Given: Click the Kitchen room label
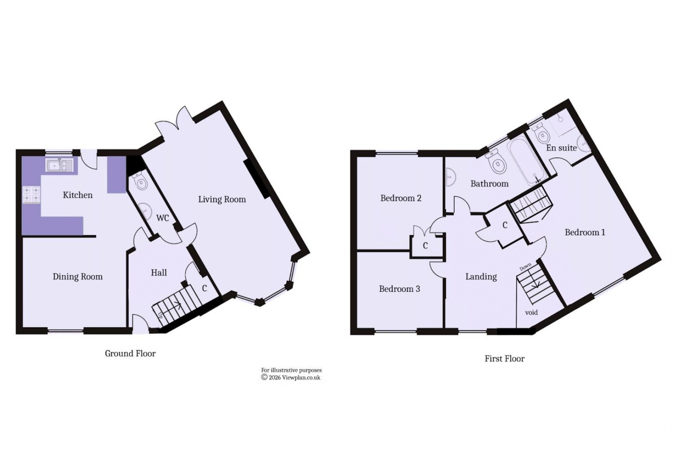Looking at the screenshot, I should (x=78, y=195).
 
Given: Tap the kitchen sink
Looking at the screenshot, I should (x=59, y=165).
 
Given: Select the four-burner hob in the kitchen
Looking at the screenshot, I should (x=32, y=195).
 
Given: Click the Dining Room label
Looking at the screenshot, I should (x=77, y=277).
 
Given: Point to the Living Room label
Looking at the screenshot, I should (x=222, y=200).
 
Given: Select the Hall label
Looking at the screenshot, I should (x=159, y=273).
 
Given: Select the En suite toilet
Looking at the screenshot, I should (x=541, y=134).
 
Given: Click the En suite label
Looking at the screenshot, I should (x=561, y=148).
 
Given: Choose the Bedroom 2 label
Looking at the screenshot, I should (x=401, y=198).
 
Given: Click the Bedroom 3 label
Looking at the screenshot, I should (x=399, y=289).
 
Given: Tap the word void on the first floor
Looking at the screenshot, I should (x=531, y=312).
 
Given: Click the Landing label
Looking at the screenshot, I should (x=481, y=277).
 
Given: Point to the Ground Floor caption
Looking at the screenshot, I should (x=130, y=354).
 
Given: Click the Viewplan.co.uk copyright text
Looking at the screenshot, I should (x=291, y=377).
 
